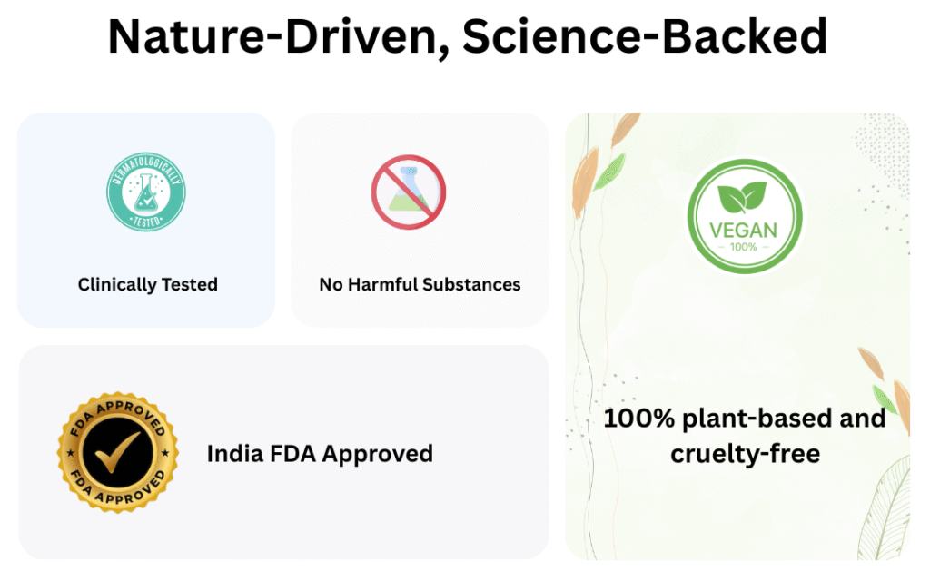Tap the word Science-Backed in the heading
coord(645,35)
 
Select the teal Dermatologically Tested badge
coord(146,192)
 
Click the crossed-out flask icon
coord(409,192)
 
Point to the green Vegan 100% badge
coord(745,216)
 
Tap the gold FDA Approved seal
coord(118,452)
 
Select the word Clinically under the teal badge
coord(117,285)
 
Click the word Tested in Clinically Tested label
coord(190,284)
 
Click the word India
coord(235,454)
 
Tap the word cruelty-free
coord(746,455)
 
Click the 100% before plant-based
coord(639,419)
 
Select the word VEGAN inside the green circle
coord(743,230)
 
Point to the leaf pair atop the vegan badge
coord(742,197)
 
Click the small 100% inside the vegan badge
coord(743,247)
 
